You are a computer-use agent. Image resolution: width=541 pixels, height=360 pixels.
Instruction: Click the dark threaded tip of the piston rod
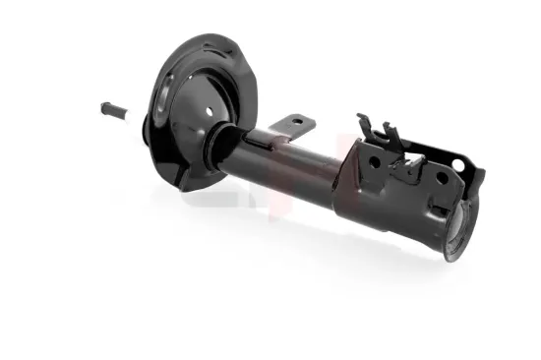pos(107,106)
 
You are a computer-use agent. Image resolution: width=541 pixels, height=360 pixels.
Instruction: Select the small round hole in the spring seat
pos(211,111)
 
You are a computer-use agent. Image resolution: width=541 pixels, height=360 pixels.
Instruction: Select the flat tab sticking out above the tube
pos(294,125)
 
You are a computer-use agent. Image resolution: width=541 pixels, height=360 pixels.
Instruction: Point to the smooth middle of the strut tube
pos(295,167)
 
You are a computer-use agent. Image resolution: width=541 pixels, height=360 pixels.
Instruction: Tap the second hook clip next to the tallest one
pos(390,132)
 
